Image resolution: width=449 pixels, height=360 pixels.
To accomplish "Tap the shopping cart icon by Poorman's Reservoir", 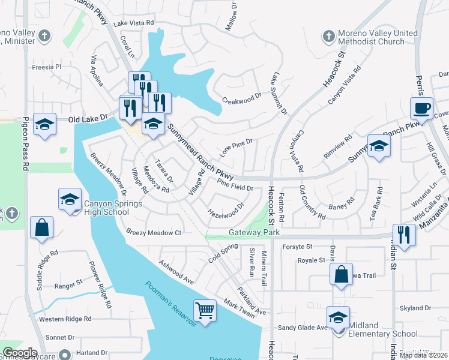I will [205, 310].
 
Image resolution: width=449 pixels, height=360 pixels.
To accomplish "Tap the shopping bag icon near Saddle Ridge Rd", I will [41, 227].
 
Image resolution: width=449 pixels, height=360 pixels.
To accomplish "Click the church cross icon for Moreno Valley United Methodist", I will [328, 37].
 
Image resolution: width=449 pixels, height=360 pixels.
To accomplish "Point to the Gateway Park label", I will [246, 232].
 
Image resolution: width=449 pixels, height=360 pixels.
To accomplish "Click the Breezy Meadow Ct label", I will [154, 232].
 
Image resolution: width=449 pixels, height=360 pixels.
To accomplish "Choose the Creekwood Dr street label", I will [242, 98].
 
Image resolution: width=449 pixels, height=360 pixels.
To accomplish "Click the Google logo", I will [19, 353].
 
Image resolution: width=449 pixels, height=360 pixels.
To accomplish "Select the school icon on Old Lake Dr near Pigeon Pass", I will [44, 124].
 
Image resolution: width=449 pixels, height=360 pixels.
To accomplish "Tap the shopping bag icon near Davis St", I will [341, 275].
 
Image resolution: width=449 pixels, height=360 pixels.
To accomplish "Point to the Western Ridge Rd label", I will [64, 319].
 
